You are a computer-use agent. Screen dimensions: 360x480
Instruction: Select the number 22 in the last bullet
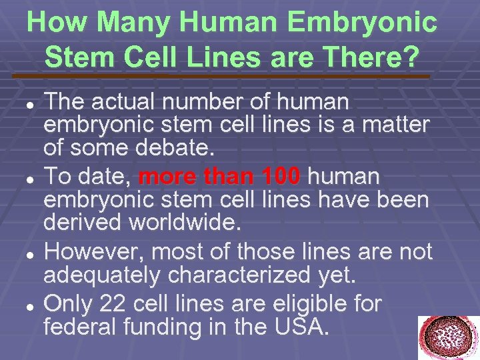click(x=114, y=303)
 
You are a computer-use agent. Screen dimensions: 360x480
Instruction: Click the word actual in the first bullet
click(x=122, y=101)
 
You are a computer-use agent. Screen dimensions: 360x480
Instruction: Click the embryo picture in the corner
click(x=448, y=338)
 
